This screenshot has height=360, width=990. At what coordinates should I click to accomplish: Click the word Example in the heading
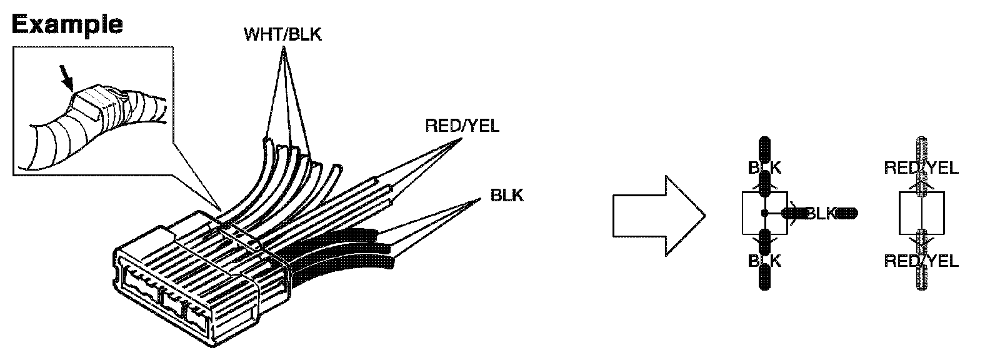click(67, 24)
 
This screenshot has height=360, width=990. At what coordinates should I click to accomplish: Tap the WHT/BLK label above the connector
click(282, 34)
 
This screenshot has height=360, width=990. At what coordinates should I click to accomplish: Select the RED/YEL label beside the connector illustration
click(462, 126)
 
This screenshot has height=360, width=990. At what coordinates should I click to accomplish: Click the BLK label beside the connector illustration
click(507, 195)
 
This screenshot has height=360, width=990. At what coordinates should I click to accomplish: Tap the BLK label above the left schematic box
click(764, 167)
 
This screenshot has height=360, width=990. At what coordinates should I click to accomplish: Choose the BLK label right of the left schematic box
click(820, 214)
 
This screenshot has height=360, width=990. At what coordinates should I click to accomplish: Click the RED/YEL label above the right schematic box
click(921, 167)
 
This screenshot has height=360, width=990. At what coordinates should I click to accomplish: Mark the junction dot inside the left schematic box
click(764, 214)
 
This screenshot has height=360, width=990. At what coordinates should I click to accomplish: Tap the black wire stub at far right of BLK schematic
click(847, 214)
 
